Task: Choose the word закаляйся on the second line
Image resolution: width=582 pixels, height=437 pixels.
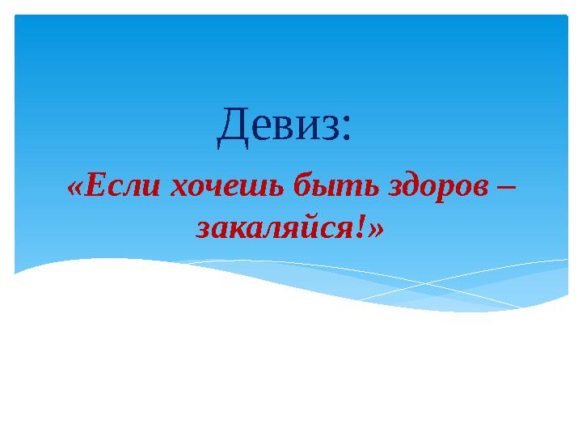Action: pos(275,229)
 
